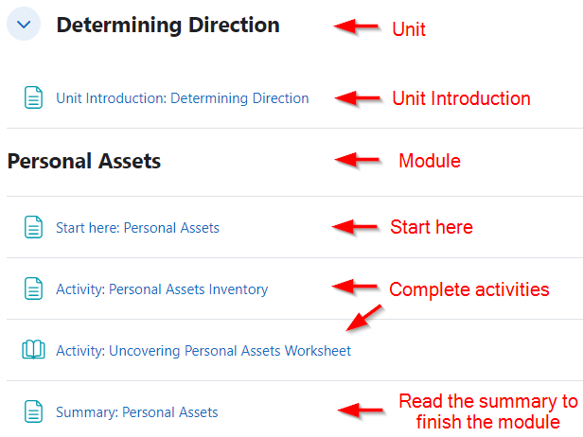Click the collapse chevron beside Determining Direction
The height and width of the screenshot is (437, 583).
24,25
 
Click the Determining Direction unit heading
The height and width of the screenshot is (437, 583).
168,26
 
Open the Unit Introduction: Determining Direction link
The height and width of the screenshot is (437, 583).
182,98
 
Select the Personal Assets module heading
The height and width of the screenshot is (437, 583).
84,161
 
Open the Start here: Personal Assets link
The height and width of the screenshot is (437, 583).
137,228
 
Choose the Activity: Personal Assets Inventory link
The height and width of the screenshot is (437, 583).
162,289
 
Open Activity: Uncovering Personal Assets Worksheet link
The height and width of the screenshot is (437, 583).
203,351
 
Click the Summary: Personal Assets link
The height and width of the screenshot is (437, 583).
137,412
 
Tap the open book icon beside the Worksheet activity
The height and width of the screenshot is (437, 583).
33,350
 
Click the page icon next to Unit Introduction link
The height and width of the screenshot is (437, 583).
33,97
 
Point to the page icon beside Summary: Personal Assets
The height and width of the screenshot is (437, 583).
33,411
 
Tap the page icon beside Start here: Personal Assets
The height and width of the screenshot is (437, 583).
33,227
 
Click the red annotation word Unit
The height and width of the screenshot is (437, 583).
409,29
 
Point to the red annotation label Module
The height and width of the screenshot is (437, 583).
430,161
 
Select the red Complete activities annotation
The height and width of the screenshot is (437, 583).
469,289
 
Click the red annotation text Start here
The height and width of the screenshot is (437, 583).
432,227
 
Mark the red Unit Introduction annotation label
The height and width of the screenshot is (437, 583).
461,98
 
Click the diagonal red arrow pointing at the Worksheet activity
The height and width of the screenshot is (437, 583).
364,318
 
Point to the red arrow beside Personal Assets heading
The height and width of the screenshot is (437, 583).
357,160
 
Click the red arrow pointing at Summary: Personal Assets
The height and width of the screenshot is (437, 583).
361,411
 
